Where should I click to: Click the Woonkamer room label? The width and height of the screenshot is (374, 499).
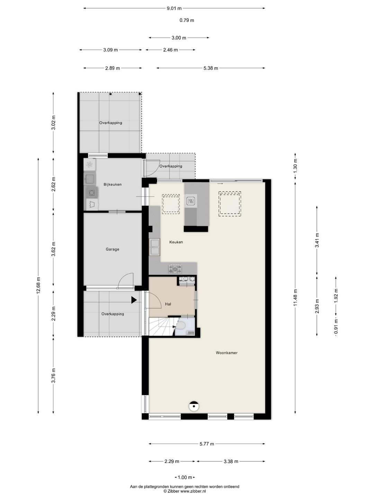[x=226, y=353]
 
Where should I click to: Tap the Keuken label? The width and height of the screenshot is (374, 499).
[x=176, y=242]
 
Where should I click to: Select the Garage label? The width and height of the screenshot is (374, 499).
[x=113, y=249]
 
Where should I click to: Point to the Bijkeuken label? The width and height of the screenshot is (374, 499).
[x=113, y=184]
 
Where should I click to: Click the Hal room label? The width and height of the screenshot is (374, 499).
[x=168, y=304]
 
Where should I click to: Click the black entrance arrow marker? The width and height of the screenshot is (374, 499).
[x=134, y=300]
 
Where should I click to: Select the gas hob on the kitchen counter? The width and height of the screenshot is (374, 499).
[x=175, y=269]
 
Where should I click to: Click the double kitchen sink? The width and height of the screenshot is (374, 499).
[x=154, y=247]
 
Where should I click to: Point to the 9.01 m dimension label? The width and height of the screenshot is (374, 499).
[x=174, y=8]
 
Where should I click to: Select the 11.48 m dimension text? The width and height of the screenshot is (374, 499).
[x=295, y=297]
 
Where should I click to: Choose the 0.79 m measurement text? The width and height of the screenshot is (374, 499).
[x=187, y=20]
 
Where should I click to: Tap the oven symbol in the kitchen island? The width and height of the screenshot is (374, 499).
[x=190, y=201]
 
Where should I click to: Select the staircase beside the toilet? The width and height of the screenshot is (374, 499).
[x=161, y=326]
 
